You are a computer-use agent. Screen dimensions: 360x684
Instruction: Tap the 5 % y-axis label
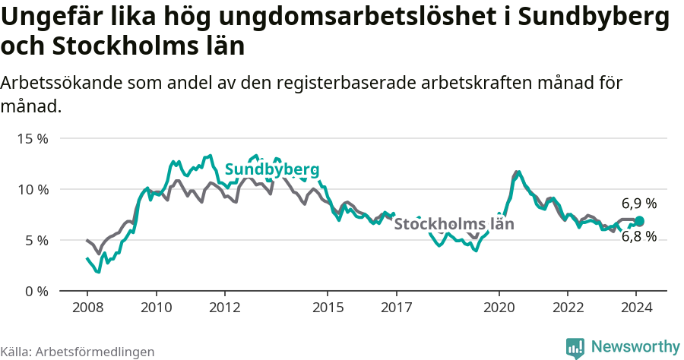pyautogui.click(x=36, y=240)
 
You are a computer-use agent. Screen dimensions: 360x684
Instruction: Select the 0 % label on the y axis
pyautogui.click(x=36, y=291)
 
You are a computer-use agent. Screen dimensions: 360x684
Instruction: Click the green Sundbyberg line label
pyautogui.click(x=272, y=169)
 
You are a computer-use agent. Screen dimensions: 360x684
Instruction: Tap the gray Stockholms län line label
pyautogui.click(x=454, y=224)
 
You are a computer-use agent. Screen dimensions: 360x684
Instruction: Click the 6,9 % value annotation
pyautogui.click(x=638, y=204)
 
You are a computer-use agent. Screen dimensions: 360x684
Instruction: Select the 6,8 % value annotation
pyautogui.click(x=638, y=237)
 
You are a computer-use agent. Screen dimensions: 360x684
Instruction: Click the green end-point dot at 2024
pyautogui.click(x=639, y=221)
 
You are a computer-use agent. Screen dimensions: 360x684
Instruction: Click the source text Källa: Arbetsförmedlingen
pyautogui.click(x=78, y=352)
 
